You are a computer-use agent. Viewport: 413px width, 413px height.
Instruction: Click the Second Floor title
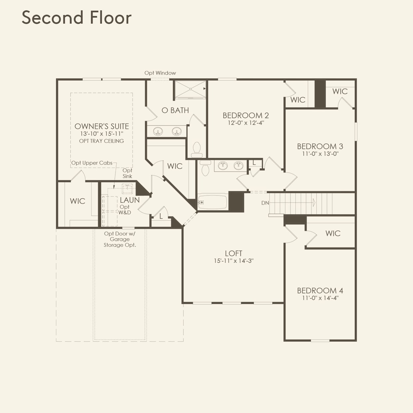click(x=77, y=18)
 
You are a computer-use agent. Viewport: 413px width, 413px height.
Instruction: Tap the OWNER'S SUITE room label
click(x=102, y=126)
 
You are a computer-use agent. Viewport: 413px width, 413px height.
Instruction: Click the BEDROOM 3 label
click(x=320, y=146)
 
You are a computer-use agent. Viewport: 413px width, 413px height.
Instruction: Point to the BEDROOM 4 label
click(x=320, y=290)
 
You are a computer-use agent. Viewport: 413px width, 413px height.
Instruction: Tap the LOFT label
click(x=233, y=253)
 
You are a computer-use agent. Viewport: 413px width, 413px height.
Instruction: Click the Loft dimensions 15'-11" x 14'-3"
click(x=233, y=261)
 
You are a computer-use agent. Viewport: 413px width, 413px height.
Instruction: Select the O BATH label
click(x=175, y=110)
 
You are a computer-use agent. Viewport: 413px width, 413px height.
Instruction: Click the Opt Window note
click(x=160, y=73)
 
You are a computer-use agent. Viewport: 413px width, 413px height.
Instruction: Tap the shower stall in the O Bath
click(x=190, y=89)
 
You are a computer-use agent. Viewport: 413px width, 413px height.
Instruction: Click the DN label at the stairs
click(x=265, y=203)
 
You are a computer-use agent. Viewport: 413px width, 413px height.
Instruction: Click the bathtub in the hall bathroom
click(x=212, y=202)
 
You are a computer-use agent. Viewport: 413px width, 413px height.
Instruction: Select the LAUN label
click(x=130, y=200)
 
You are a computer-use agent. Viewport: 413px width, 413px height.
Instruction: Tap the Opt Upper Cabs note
click(x=92, y=163)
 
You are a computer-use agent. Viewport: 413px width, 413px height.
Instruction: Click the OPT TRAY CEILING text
click(x=102, y=141)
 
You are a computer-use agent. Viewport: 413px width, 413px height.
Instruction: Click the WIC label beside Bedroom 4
click(x=333, y=233)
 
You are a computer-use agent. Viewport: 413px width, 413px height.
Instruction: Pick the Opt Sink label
click(x=127, y=173)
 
